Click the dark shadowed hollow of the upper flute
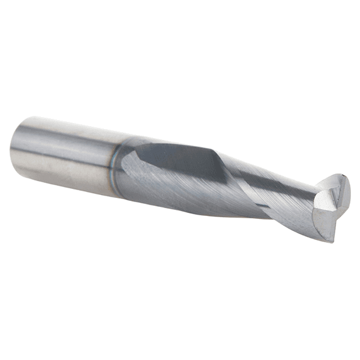pos(180,159)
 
